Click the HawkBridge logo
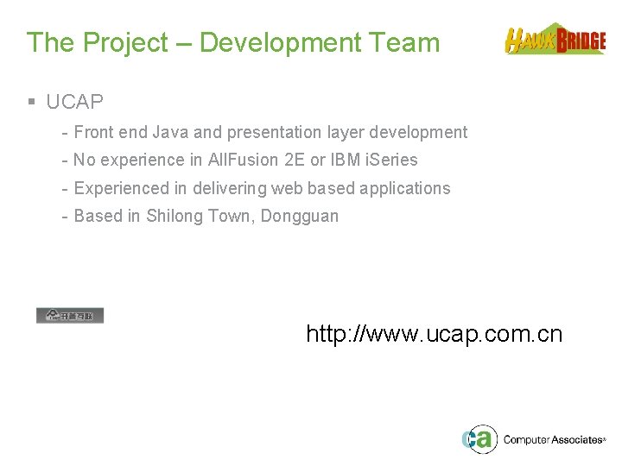point(555,40)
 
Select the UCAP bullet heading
point(74,102)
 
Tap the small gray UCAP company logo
point(70,315)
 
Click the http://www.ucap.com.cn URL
point(434,334)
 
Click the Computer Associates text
point(553,440)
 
